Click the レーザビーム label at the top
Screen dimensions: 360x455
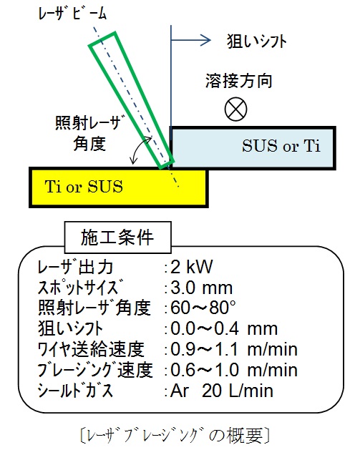coord(72,14)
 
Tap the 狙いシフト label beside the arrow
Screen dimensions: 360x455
coord(257,41)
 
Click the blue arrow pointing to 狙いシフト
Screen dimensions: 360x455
coord(191,40)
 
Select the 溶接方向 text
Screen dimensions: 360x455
coord(238,81)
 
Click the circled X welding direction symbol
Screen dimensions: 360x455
coord(235,109)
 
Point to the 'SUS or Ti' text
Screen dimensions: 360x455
coord(281,146)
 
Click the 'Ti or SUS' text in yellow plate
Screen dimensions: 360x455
coord(84,186)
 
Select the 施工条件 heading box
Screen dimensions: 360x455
coord(117,238)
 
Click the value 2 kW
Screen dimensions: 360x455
coord(192,267)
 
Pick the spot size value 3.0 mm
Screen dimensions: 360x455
coord(202,288)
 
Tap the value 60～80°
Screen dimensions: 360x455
coord(203,308)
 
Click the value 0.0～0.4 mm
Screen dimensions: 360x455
coord(224,328)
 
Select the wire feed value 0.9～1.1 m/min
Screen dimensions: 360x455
coord(234,349)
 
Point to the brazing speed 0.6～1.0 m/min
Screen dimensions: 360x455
coord(234,370)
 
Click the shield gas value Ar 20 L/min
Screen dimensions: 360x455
coord(222,391)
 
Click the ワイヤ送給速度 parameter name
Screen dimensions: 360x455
coord(91,349)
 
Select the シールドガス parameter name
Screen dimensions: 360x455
coord(75,391)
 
